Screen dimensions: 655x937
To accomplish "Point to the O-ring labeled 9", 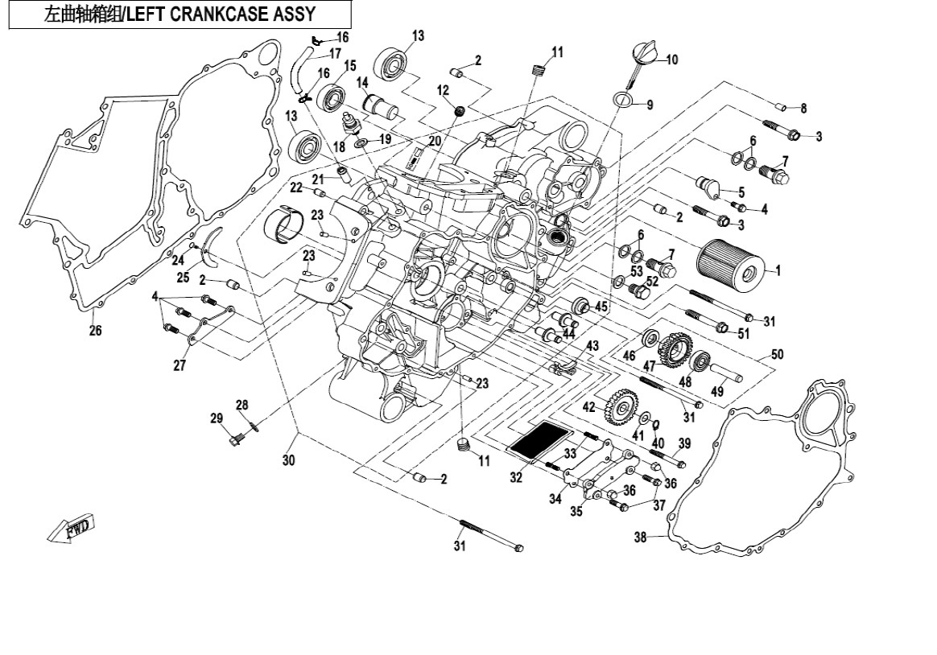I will pos(621,101).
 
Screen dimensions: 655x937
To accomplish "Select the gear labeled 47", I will pos(675,350).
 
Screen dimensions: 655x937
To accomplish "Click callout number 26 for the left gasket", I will pos(95,330).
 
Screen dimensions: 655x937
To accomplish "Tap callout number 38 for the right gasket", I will pos(641,538).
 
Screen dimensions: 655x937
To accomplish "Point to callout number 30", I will pos(288,460).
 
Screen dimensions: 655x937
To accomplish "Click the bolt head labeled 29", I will pos(237,439).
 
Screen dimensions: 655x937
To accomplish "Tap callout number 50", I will pos(777,354).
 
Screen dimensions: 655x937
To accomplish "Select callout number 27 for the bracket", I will pos(179,365).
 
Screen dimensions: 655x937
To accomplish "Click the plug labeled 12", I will pos(461,109).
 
